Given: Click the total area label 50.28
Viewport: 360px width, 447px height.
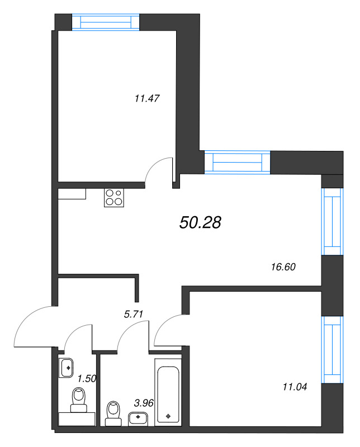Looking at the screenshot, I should coord(201,222).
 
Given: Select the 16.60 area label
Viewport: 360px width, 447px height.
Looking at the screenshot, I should coord(282,267).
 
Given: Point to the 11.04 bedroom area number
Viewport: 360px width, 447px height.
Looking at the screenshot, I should coord(296,386).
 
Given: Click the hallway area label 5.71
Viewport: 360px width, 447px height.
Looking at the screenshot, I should coord(134,314).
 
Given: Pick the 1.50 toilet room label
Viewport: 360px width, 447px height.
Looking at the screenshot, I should coord(87,378).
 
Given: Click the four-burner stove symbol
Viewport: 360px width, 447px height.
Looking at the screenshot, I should coord(113,198).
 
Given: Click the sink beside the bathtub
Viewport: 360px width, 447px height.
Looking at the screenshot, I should coord(138,417).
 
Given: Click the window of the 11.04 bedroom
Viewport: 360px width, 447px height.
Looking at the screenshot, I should coord(333,349).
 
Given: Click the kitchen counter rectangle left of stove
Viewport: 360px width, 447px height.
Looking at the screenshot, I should coord(72,193).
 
